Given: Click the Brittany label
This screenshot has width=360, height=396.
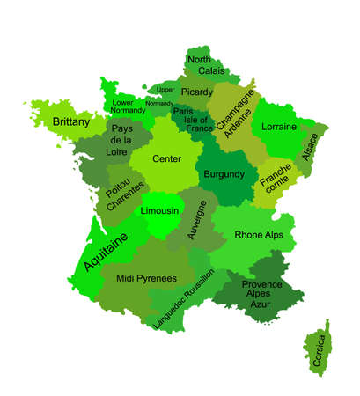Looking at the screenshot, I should pos(70,121).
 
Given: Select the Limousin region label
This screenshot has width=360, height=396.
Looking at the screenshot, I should pos(160,212).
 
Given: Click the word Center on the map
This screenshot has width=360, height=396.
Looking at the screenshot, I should pos(166,159).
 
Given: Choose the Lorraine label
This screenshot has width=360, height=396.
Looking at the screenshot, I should pos(279,127).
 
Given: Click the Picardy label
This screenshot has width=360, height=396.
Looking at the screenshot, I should pos(196,92).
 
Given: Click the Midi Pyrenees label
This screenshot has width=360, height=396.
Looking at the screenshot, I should pos(146,277).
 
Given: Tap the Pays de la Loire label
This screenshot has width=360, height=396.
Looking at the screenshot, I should pos(121,140).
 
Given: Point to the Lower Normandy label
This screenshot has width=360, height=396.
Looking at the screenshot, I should pos(129,106).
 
